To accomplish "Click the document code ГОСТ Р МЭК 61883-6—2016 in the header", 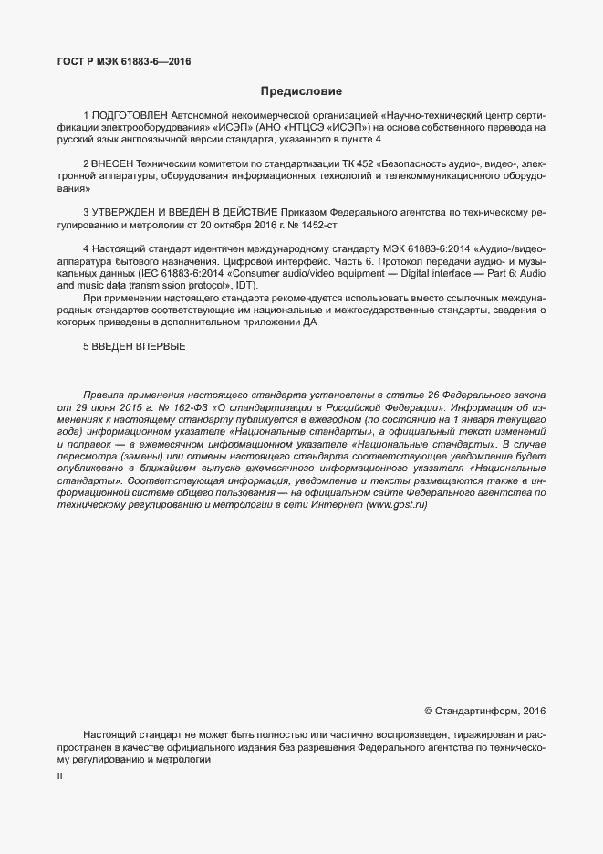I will tap(123, 62).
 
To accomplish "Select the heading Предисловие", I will tap(301, 91).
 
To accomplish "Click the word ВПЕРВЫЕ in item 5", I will tap(161, 345).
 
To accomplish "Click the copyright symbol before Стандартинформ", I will tap(429, 711).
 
